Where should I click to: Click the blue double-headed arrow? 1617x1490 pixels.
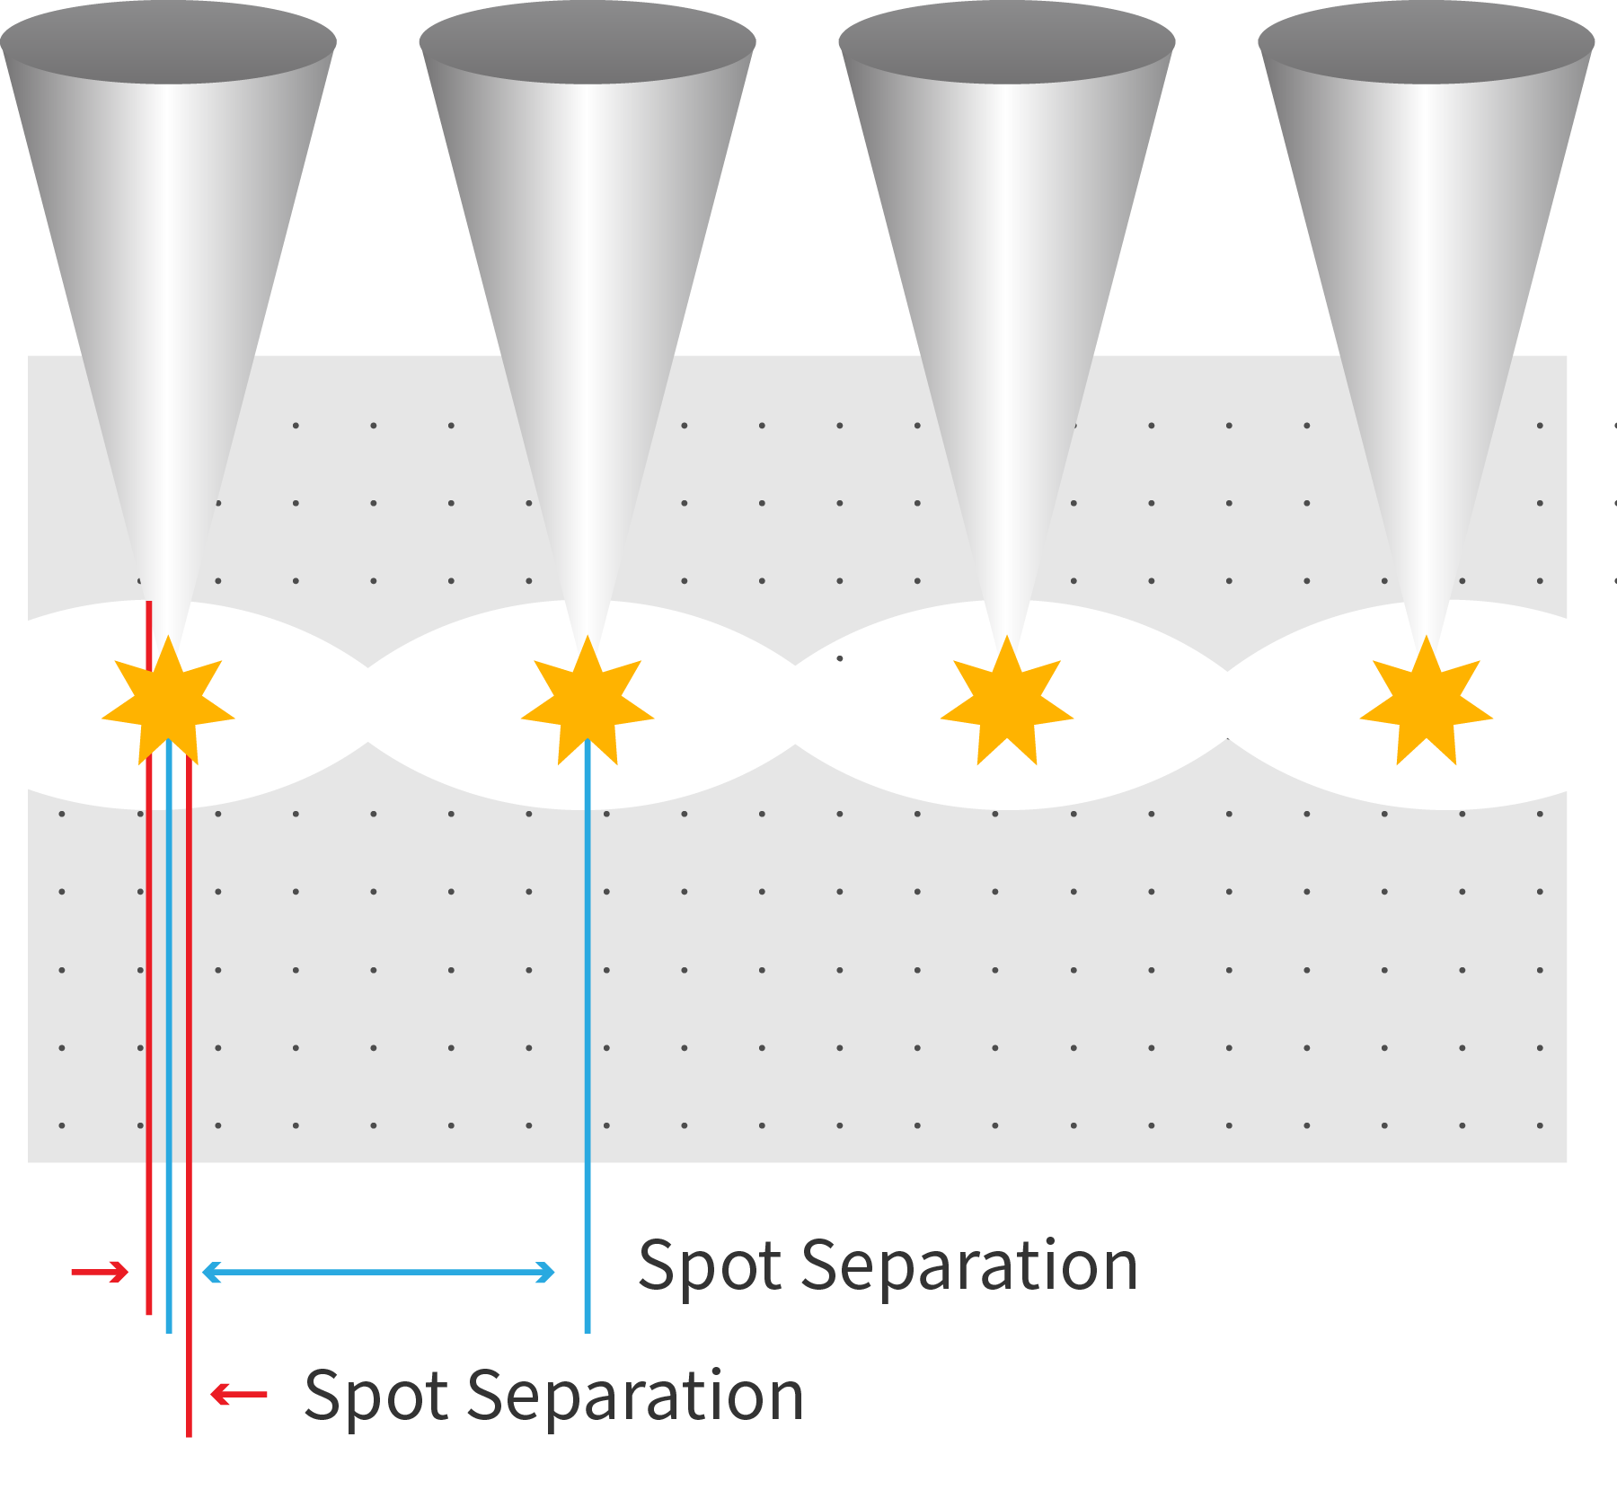point(378,1272)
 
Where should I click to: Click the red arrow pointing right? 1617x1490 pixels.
point(100,1272)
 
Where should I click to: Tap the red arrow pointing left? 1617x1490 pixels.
point(239,1394)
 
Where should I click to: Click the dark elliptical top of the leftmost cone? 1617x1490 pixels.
point(168,41)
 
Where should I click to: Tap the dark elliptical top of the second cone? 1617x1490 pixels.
point(588,41)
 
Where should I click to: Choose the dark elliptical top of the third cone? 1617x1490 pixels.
point(1007,41)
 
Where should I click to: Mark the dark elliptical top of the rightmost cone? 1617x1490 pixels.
point(1427,41)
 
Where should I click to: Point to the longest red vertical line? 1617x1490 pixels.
point(189,1257)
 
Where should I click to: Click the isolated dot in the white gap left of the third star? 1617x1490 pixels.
point(840,658)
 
